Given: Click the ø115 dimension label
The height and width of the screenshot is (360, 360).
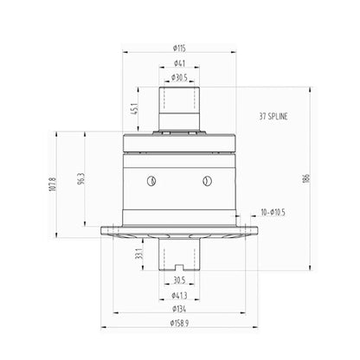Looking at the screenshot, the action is [x=179, y=48].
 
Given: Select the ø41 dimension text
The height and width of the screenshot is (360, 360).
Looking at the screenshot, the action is [x=179, y=63].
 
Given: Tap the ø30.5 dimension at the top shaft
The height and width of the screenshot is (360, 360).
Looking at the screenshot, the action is [x=179, y=77].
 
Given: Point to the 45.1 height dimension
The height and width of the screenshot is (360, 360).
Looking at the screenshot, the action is [x=134, y=108].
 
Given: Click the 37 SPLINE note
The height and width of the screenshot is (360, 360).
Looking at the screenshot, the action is [x=273, y=116].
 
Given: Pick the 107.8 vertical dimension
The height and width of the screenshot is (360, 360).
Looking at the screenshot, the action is [x=53, y=184].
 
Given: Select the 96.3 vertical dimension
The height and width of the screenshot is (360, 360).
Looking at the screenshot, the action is [x=81, y=179].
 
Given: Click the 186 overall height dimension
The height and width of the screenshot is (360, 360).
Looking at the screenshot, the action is [x=306, y=178].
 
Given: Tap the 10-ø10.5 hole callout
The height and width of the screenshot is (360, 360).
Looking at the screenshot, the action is [x=273, y=212].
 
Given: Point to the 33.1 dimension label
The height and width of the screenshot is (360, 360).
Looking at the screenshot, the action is [x=139, y=254].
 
